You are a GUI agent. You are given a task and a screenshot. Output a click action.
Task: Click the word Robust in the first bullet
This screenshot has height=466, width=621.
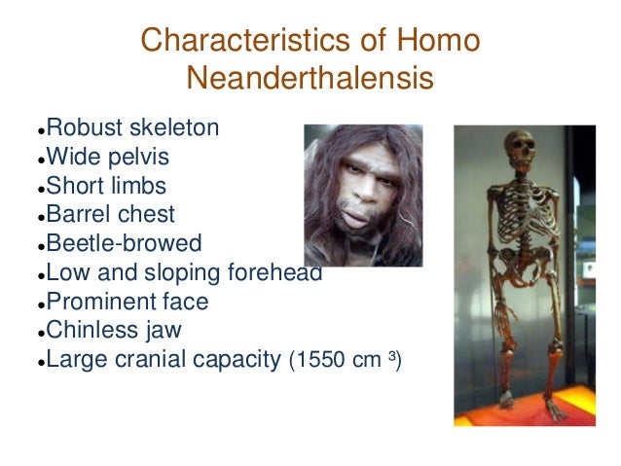(85, 127)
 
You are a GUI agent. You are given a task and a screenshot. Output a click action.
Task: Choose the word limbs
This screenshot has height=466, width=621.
(138, 186)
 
